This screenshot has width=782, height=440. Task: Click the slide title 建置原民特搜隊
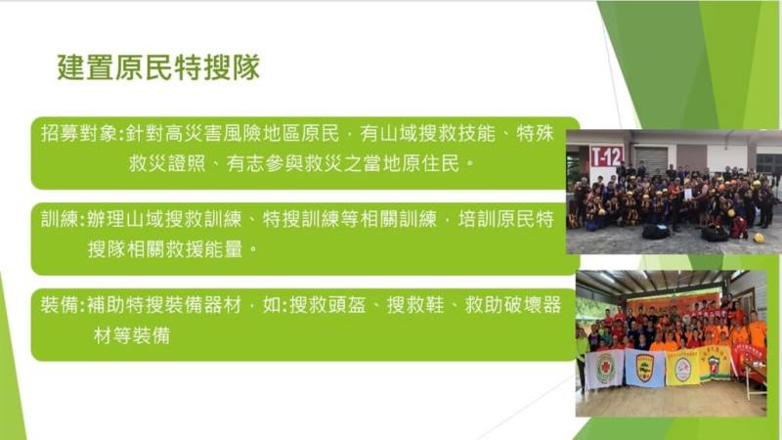(x=157, y=68)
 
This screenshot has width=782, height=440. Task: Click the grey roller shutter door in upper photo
(x=650, y=158)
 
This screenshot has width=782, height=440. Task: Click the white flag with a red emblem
(x=605, y=369)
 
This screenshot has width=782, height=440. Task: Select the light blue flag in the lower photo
(x=643, y=368)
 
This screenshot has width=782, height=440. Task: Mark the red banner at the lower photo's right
(x=750, y=360)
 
